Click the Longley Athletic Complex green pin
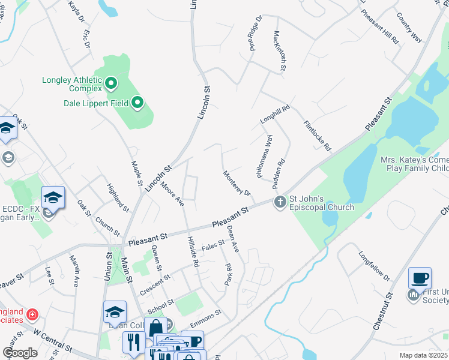[111, 83]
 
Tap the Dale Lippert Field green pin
[137, 103]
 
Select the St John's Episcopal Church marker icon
[280, 202]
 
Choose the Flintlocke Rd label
[316, 134]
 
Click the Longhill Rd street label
[275, 115]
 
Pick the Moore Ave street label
[172, 193]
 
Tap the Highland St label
[118, 198]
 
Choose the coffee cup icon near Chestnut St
[420, 278]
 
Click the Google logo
[20, 353]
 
